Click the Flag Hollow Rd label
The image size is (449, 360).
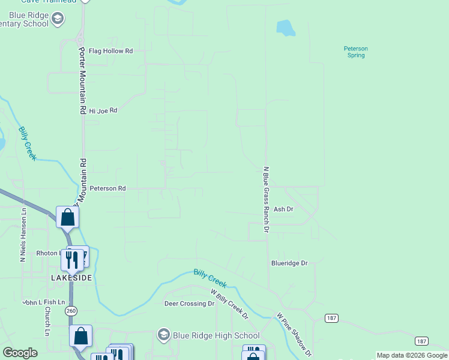tap(110, 51)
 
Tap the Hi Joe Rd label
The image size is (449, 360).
tap(103, 110)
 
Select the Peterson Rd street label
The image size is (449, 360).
tap(107, 188)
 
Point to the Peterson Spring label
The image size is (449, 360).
tap(355, 52)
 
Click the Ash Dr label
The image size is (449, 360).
tap(283, 209)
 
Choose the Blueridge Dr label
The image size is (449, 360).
tap(289, 263)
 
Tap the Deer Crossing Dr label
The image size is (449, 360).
tap(189, 304)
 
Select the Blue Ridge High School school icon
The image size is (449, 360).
tap(163, 335)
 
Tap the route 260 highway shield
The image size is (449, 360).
tap(71, 310)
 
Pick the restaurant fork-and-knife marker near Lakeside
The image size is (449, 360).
tap(72, 259)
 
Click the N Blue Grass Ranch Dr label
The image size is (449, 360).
tap(265, 199)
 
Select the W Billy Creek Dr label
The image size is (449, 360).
tap(229, 304)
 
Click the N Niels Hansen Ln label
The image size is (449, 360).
tap(23, 235)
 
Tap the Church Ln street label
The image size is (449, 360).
tap(46, 321)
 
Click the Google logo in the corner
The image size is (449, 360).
tap(20, 353)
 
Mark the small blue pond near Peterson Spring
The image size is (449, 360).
tap(285, 28)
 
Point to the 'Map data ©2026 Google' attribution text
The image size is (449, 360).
tap(412, 355)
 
